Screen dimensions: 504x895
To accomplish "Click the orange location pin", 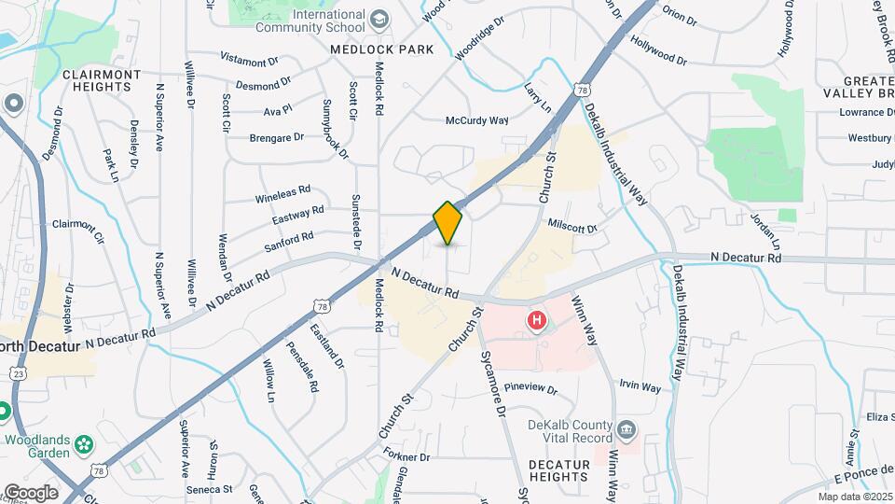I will (x=447, y=223).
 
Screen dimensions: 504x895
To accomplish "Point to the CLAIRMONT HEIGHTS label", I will (x=102, y=80).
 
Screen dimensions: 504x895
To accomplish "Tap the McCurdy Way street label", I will (x=476, y=120).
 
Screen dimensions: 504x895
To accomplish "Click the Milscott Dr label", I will (x=571, y=225).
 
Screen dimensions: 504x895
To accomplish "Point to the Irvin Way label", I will (x=640, y=386).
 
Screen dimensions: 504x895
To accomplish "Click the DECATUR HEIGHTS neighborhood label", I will (x=559, y=470).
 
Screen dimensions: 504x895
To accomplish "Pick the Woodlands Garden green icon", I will (x=85, y=442).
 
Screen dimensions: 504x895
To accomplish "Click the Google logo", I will (x=30, y=492).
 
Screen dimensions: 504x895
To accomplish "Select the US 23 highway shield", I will (x=17, y=372).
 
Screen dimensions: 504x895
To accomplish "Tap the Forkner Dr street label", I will (x=406, y=456).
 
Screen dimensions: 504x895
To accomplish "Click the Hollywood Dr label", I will (x=658, y=50).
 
